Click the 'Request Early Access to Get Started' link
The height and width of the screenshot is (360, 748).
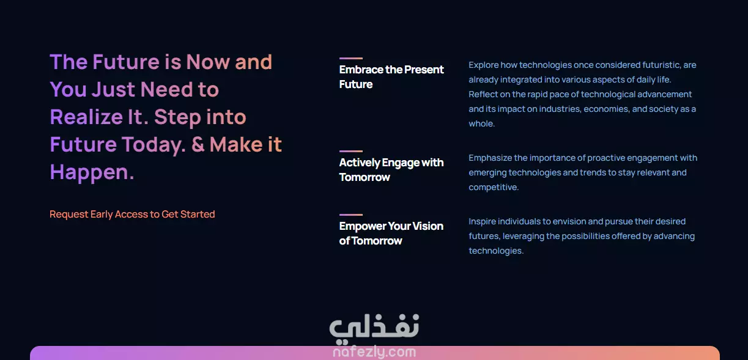132,214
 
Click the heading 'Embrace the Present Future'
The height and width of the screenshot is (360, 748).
391,77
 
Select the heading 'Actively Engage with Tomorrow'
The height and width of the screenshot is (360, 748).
391,170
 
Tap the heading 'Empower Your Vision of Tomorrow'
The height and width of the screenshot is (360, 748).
391,233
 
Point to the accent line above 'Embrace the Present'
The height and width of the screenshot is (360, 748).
351,59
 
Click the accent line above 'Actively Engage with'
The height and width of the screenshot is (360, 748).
351,151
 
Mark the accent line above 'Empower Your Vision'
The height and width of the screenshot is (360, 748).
351,215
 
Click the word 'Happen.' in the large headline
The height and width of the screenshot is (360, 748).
92,173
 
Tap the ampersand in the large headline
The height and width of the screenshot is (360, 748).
198,144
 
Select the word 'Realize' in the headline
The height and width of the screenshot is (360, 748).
86,117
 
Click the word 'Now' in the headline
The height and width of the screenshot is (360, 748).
208,62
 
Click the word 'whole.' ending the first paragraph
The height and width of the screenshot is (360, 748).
481,123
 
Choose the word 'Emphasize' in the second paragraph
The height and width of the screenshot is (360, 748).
491,158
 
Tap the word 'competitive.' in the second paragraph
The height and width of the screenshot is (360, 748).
494,188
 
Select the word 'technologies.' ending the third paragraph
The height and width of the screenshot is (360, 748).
496,251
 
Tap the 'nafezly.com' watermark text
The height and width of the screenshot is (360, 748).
374,352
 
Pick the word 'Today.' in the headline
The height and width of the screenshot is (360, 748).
154,145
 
